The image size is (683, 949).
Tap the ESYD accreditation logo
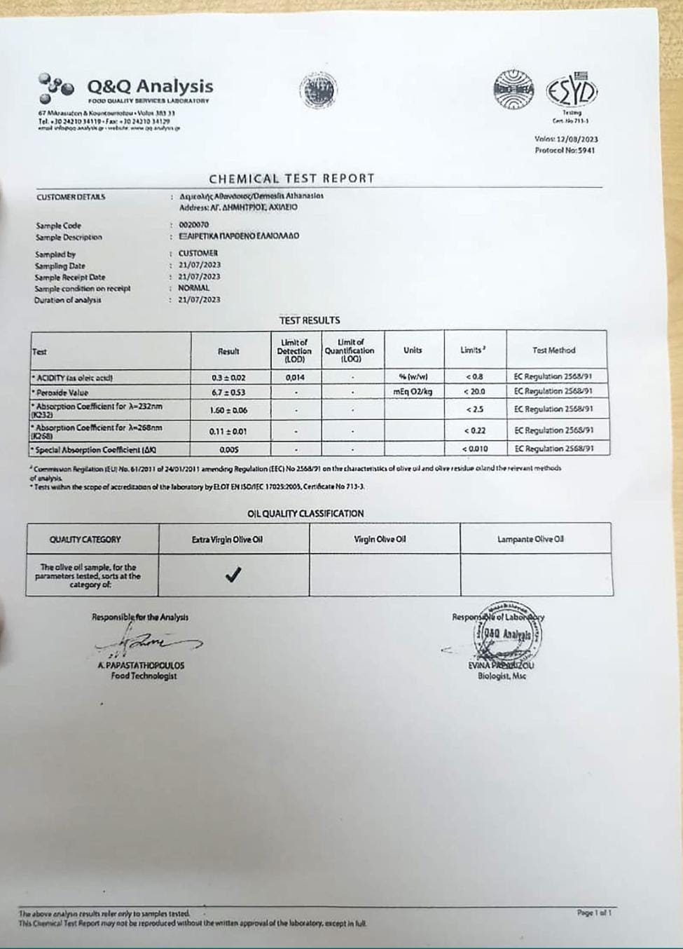click(x=572, y=90)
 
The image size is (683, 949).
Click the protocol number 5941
click(x=586, y=150)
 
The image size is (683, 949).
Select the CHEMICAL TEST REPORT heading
click(x=291, y=178)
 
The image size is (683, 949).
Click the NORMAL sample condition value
click(x=193, y=288)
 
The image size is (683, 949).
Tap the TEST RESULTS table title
click(x=309, y=320)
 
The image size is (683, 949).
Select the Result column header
click(x=228, y=351)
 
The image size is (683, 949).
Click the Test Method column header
click(x=553, y=350)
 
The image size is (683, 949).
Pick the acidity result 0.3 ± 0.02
click(x=228, y=378)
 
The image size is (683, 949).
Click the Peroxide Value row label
click(x=63, y=392)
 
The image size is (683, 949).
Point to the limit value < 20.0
click(x=474, y=392)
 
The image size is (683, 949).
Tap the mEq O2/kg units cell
click(x=413, y=392)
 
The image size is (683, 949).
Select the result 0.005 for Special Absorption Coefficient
click(x=228, y=449)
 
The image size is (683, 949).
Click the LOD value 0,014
click(x=295, y=377)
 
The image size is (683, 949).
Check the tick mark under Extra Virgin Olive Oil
click(x=233, y=575)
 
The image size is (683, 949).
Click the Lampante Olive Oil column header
click(x=530, y=539)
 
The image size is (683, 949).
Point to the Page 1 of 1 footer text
click(x=594, y=913)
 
